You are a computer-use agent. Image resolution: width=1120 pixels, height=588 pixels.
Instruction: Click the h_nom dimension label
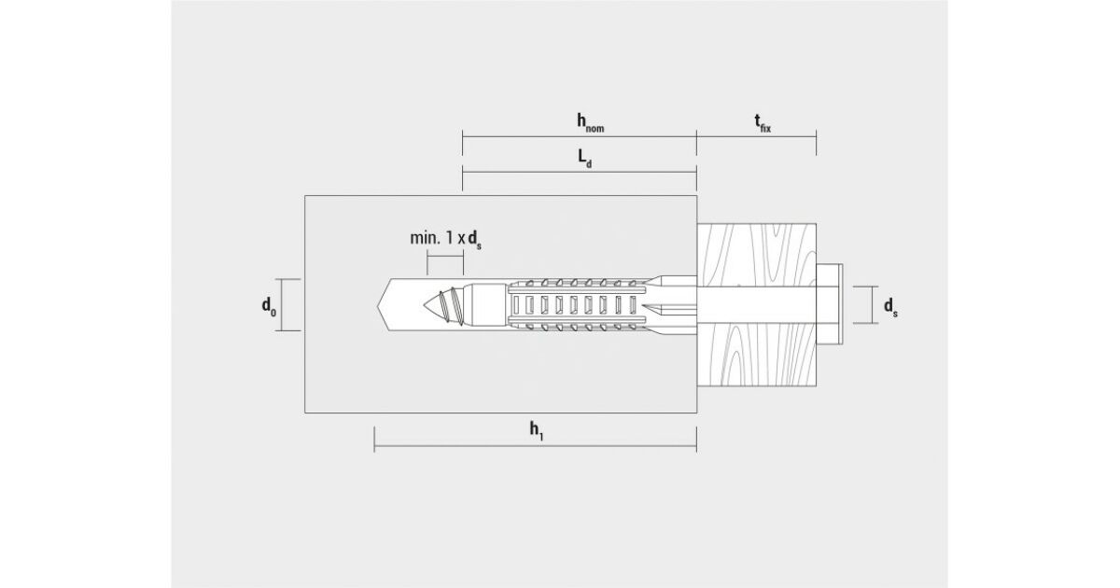point(590,123)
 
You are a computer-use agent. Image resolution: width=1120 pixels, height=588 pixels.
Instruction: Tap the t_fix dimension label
point(763,123)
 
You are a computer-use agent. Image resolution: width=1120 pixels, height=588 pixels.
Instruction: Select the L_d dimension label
point(585,159)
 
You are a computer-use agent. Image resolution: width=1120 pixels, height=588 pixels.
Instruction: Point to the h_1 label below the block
point(537,431)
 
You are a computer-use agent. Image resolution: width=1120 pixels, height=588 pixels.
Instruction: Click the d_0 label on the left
point(269,306)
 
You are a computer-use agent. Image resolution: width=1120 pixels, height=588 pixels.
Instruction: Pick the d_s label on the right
point(890,306)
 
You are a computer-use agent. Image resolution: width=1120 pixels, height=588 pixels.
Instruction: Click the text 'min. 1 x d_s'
point(445,239)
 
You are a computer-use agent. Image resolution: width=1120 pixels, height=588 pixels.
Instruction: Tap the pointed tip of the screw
point(424,304)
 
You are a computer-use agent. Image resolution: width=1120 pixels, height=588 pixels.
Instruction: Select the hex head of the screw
point(830,304)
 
